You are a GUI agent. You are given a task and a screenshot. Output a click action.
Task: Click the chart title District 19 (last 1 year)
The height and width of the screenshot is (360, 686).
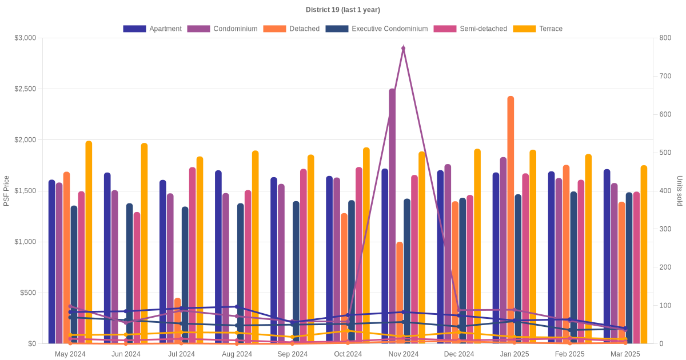pyautogui.click(x=342, y=10)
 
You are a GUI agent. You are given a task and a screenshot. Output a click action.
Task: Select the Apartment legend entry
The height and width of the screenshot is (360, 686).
pyautogui.click(x=152, y=29)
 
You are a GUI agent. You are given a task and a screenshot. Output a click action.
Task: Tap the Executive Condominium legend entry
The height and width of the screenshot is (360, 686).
pyautogui.click(x=377, y=29)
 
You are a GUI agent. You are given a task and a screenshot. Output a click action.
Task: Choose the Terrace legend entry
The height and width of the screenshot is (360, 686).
pyautogui.click(x=538, y=29)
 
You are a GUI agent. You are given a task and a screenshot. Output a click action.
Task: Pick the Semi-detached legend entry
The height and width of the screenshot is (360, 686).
pyautogui.click(x=470, y=29)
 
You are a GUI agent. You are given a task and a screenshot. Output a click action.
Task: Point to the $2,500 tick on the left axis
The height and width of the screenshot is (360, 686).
pyautogui.click(x=25, y=89)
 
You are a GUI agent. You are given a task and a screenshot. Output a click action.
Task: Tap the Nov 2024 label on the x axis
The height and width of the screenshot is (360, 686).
pyautogui.click(x=404, y=354)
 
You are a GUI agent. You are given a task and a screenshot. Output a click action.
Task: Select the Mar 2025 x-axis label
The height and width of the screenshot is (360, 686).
pyautogui.click(x=625, y=354)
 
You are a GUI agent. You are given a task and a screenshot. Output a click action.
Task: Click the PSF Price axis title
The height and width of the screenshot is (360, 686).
pyautogui.click(x=6, y=191)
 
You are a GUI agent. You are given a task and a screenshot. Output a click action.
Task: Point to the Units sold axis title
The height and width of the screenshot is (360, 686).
pyautogui.click(x=679, y=191)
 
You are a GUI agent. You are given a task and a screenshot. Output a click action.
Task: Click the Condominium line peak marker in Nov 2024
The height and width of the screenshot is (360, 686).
pyautogui.click(x=404, y=48)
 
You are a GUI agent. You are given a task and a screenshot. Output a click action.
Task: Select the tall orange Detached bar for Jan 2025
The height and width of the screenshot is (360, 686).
pyautogui.click(x=510, y=220)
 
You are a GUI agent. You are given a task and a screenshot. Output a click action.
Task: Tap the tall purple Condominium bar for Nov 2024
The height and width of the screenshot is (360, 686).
pyautogui.click(x=392, y=216)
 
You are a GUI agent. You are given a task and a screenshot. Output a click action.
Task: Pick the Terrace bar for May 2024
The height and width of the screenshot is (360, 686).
pyautogui.click(x=89, y=242)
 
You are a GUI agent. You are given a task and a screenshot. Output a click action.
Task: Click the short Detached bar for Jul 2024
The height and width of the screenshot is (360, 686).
pyautogui.click(x=178, y=321)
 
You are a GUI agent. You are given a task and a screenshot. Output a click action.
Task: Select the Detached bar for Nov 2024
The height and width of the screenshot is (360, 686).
pyautogui.click(x=400, y=293)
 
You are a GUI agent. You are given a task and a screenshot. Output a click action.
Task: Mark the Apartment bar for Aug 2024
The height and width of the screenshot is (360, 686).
pyautogui.click(x=218, y=257)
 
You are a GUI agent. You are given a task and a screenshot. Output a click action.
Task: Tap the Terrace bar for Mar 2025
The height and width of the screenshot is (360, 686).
pyautogui.click(x=644, y=254)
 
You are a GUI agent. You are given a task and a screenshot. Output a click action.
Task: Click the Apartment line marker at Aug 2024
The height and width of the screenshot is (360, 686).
pyautogui.click(x=237, y=306)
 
